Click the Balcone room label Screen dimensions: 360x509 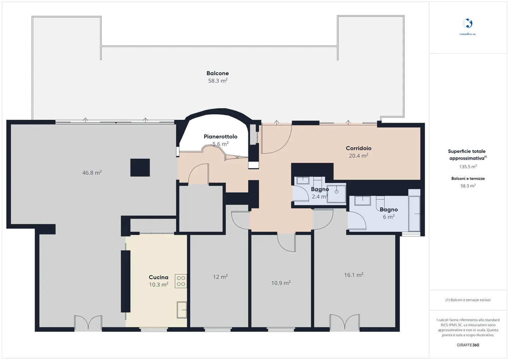(x=217, y=73)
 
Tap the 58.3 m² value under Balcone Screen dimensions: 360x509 (x=217, y=81)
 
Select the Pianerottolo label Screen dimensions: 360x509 (x=220, y=136)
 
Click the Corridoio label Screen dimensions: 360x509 (x=358, y=148)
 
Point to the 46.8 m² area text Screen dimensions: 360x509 (x=92, y=173)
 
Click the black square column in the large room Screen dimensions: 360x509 (x=140, y=167)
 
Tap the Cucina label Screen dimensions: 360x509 (x=158, y=277)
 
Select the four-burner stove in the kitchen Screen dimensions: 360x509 (x=181, y=281)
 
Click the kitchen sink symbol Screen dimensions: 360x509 (x=182, y=310)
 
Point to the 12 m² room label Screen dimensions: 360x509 (x=220, y=277)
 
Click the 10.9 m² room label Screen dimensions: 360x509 (x=281, y=283)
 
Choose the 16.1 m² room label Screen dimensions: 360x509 (x=353, y=275)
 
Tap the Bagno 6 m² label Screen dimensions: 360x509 (x=388, y=210)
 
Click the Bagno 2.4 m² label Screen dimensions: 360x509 (x=320, y=189)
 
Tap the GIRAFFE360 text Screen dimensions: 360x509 (x=468, y=345)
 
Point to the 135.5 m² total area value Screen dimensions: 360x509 (x=468, y=167)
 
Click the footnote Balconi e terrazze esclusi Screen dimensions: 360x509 (x=468, y=300)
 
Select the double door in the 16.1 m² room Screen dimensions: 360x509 (x=345, y=323)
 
